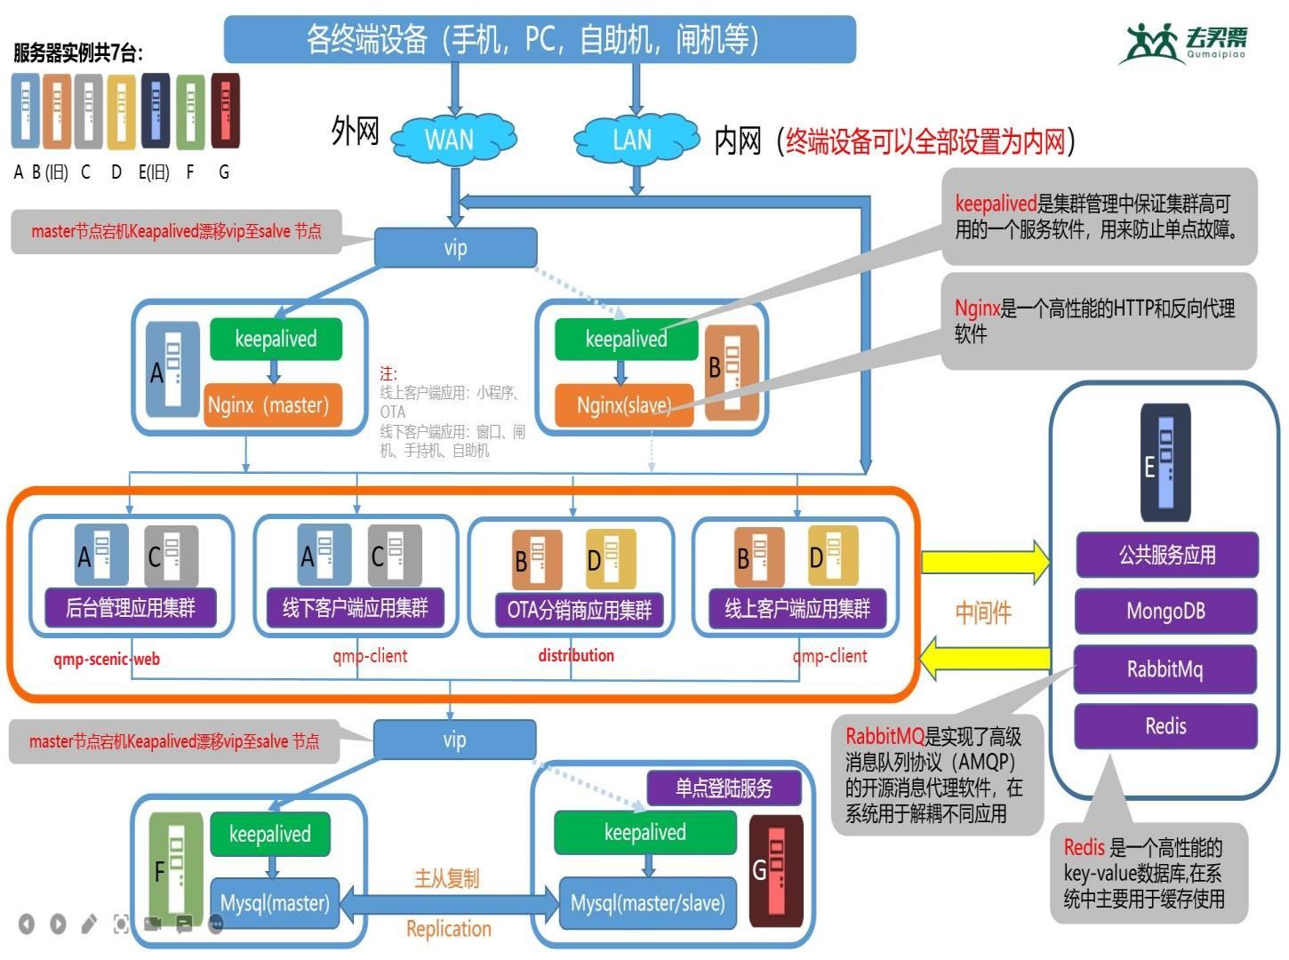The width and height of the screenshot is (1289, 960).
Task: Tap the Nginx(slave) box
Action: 624,405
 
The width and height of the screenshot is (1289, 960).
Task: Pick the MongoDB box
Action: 1166,612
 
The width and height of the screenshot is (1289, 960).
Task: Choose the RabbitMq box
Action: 1166,669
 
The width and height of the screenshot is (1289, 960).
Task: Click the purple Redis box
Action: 1166,726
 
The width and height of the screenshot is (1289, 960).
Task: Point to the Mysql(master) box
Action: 275,903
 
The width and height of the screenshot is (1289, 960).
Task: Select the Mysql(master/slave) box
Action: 648,903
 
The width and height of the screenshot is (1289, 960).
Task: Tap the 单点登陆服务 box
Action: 725,788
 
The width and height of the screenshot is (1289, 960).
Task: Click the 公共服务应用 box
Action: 1166,556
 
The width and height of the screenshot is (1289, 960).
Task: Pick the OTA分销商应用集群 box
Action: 580,610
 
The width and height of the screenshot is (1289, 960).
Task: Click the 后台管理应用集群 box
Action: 131,608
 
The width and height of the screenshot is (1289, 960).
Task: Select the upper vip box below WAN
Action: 455,248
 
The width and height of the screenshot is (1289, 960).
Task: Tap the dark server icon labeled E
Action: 1165,462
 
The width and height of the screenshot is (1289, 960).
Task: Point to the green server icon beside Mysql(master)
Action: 175,869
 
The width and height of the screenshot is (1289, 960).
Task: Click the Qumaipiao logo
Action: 1185,43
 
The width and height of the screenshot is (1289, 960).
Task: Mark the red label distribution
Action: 576,656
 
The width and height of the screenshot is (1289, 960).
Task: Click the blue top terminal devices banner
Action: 540,39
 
